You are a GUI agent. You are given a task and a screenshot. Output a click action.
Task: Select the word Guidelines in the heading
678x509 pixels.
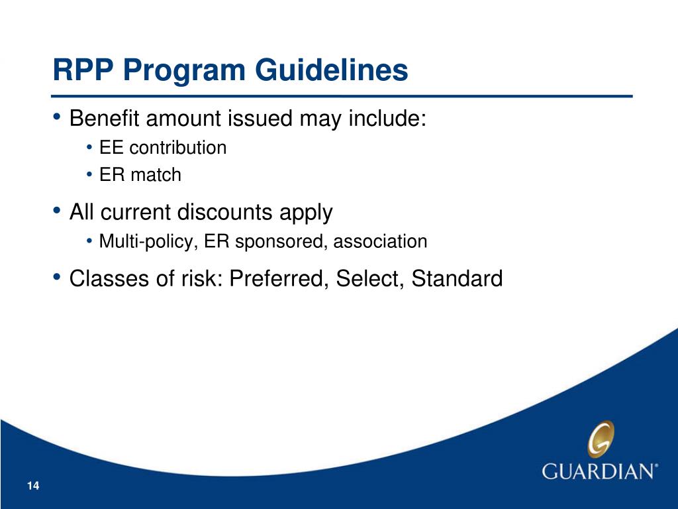tap(331, 70)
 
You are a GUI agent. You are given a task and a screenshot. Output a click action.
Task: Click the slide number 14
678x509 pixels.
tap(33, 486)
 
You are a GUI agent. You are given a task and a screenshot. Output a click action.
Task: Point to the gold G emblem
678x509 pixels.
tap(601, 439)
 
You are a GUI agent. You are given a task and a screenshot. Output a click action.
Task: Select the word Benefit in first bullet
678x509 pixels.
tap(104, 118)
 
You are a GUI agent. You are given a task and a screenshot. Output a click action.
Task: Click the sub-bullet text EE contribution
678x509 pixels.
tap(163, 148)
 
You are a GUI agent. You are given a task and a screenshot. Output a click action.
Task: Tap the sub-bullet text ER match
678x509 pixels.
tap(140, 175)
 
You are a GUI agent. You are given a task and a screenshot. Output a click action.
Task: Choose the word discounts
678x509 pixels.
tap(225, 211)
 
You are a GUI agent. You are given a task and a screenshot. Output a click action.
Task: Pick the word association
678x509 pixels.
tap(380, 241)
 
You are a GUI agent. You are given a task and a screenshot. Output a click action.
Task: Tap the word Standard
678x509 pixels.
tap(457, 278)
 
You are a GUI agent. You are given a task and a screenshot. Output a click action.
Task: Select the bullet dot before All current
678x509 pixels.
tap(57, 210)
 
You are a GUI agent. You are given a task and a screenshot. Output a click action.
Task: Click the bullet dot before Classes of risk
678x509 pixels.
tap(57, 276)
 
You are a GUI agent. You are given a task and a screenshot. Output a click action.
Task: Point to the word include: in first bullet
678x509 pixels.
tap(387, 118)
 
